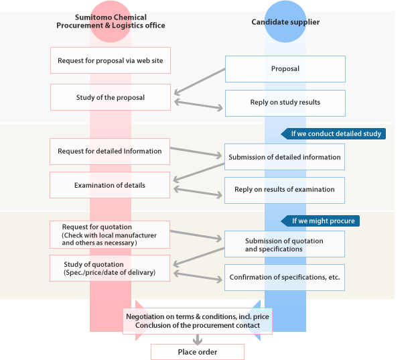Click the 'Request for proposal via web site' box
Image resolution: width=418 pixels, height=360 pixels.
[110, 60]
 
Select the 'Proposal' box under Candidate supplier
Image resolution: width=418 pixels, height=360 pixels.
[285, 69]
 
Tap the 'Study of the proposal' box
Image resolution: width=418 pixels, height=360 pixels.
[110, 97]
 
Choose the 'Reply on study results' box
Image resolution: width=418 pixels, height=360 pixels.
[285, 103]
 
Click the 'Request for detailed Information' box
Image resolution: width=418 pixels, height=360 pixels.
[110, 152]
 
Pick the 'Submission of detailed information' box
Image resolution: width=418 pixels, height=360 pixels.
[285, 157]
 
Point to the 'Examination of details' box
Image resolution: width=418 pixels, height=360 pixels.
[110, 185]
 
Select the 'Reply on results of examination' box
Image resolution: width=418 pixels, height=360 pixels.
[285, 190]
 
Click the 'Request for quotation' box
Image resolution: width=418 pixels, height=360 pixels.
[110, 235]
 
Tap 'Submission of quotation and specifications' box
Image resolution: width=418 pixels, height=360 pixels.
[285, 245]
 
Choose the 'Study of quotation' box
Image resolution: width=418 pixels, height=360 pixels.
[110, 268]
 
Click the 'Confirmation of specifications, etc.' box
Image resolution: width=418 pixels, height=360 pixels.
[285, 277]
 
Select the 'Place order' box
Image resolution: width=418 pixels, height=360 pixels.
[198, 352]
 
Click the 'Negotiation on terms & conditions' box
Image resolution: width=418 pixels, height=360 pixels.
[198, 320]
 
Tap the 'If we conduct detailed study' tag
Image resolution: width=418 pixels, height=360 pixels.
[335, 133]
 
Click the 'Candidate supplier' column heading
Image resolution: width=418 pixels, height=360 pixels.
[285, 22]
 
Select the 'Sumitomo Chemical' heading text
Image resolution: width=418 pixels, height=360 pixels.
[111, 17]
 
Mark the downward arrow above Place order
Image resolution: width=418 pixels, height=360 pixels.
[198, 339]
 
